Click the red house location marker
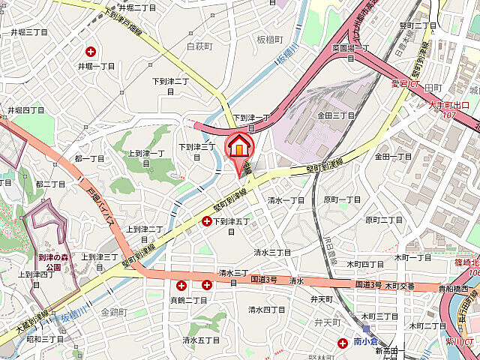[x=239, y=147]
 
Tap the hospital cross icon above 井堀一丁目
[x=91, y=52]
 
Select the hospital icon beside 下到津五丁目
[x=207, y=221]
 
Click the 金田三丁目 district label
[x=335, y=115]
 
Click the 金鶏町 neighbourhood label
[x=114, y=311]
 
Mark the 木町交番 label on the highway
[x=400, y=286]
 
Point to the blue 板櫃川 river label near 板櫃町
[x=283, y=57]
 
